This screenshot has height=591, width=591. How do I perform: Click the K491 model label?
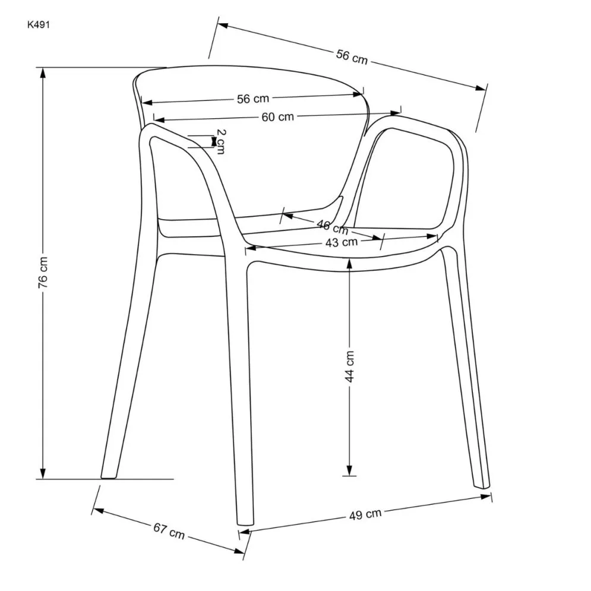(39, 25)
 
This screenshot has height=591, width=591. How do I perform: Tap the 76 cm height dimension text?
(43, 272)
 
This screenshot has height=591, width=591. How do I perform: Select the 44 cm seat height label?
(350, 366)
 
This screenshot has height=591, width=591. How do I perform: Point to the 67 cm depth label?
(169, 530)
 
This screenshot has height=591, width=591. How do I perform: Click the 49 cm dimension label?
(365, 514)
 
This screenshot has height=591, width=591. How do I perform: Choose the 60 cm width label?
(278, 117)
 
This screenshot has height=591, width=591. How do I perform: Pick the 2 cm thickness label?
(221, 142)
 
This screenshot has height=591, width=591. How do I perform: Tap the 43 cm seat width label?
(342, 242)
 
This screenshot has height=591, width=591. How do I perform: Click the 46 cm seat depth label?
(333, 227)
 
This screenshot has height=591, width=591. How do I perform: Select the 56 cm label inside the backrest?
(253, 99)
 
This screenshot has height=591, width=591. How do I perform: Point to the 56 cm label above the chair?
(352, 57)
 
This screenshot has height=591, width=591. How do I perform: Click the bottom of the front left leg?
(245, 523)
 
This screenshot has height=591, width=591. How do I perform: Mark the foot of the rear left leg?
(109, 476)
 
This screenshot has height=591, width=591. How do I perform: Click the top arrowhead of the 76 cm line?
(43, 73)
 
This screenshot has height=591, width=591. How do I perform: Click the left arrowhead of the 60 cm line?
(159, 120)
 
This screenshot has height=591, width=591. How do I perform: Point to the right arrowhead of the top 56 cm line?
(481, 88)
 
